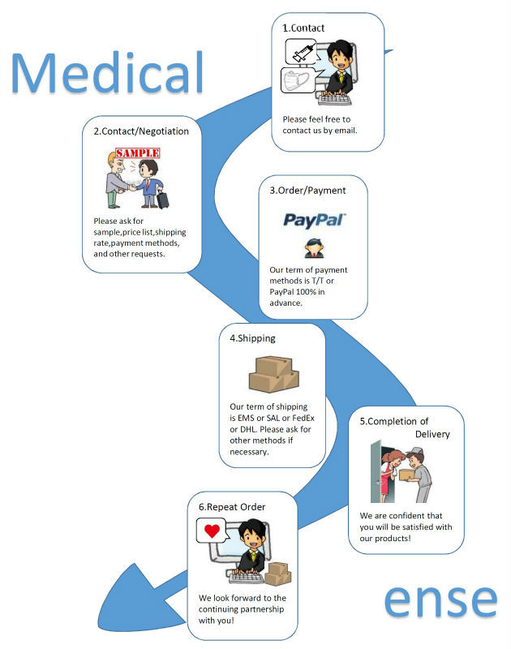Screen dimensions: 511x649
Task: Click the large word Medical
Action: tap(107, 72)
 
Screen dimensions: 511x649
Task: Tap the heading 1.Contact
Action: tap(303, 28)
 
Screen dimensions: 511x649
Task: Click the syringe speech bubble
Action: tap(301, 52)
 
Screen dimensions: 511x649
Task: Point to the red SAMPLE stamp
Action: tap(138, 153)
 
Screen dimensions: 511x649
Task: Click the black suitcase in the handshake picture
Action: tap(162, 199)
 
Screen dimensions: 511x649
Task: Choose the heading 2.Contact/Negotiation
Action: tap(141, 131)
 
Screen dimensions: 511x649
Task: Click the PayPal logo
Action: tap(314, 219)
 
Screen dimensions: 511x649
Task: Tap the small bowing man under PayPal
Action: tap(314, 248)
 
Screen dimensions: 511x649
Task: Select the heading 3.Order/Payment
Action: tap(307, 191)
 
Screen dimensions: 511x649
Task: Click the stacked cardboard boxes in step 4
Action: tap(273, 374)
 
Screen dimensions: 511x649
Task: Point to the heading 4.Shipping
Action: tap(252, 338)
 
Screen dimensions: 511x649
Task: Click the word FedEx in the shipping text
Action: tap(303, 418)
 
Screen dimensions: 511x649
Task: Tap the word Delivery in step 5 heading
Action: tap(432, 434)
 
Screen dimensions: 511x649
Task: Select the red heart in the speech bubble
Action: tap(213, 531)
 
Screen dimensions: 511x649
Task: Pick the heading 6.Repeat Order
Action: tap(232, 507)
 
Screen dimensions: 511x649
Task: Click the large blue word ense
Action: tap(440, 600)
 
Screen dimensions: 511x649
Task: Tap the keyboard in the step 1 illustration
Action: tap(334, 99)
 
